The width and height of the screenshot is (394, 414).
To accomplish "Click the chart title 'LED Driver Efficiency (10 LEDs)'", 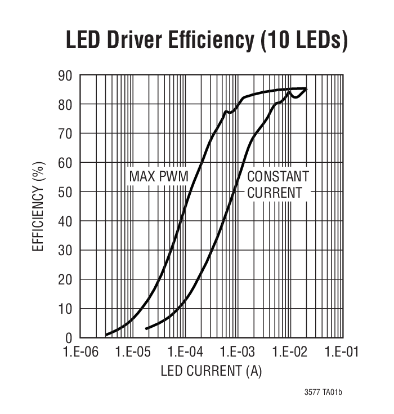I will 206,40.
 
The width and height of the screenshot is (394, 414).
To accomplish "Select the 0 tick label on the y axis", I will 68,338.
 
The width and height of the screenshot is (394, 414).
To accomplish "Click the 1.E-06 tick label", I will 80,353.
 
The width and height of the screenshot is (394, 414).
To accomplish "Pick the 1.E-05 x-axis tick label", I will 132,353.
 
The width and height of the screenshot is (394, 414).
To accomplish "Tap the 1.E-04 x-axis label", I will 185,353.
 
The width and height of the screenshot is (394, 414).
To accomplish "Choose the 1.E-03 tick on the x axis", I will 237,353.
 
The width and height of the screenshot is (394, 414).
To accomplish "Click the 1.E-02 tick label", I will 289,353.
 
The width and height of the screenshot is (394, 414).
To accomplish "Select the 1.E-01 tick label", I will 342,353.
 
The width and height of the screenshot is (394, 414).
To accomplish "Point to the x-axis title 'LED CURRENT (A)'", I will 211,371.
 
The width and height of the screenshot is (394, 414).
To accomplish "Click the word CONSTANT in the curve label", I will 278,176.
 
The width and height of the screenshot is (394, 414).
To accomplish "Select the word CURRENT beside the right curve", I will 275,192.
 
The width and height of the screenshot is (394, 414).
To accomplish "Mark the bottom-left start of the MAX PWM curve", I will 106,335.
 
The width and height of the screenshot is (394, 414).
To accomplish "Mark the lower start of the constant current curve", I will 146,329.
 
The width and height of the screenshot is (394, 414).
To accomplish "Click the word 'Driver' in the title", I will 147,40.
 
